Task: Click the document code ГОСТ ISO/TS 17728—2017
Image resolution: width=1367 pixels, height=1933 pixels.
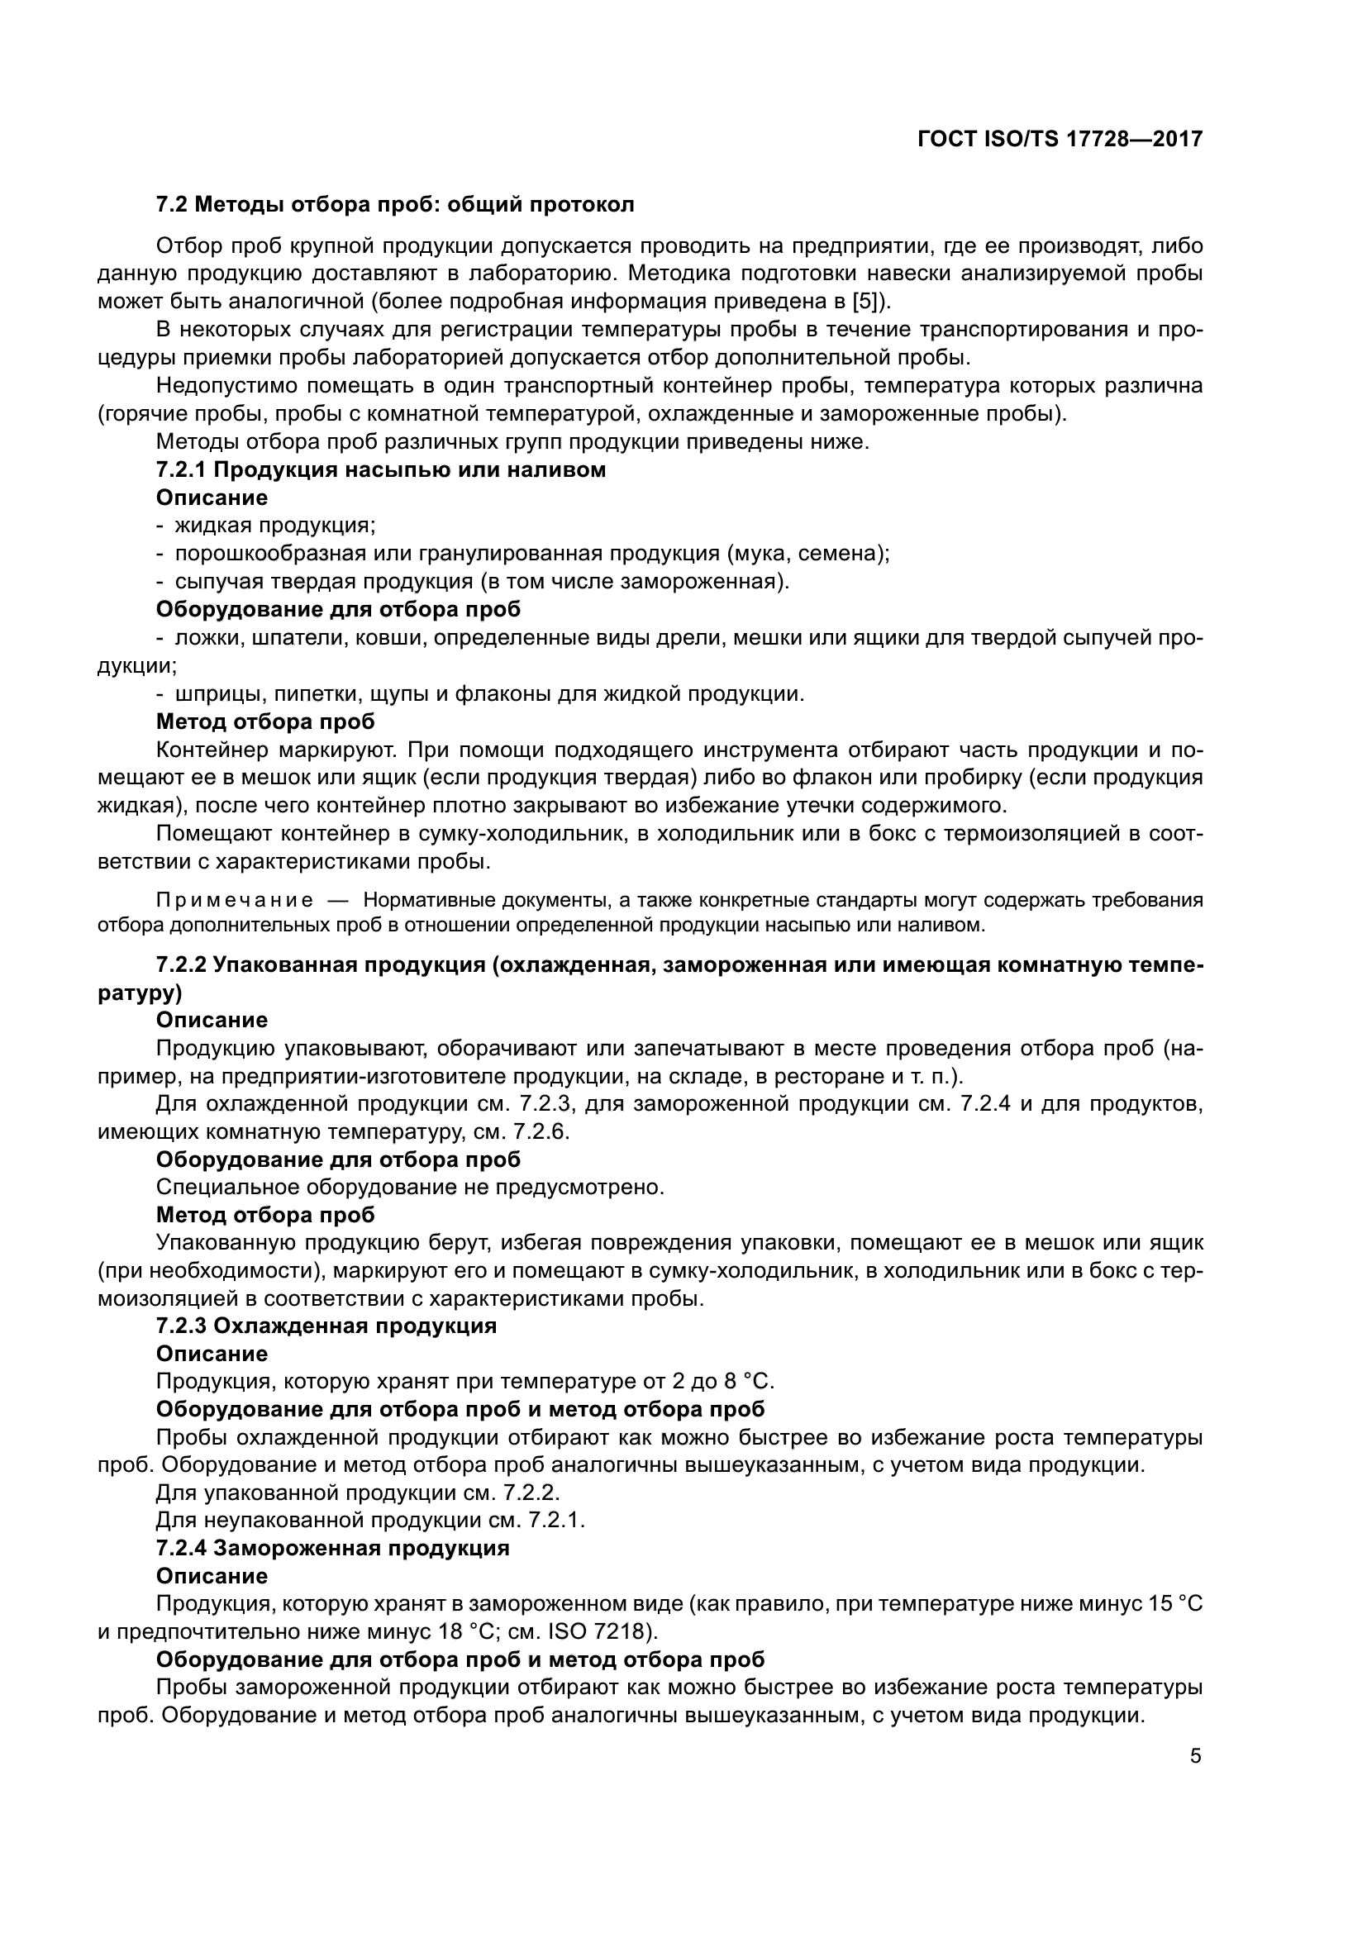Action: pyautogui.click(x=1060, y=139)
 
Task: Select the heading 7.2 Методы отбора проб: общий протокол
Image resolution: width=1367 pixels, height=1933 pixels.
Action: pyautogui.click(x=395, y=205)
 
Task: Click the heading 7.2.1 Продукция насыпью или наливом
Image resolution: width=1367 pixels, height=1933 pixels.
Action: pyautogui.click(x=380, y=469)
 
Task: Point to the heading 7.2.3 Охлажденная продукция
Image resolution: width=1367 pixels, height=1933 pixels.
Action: pyautogui.click(x=326, y=1326)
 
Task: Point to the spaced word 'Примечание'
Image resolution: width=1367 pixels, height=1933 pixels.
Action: pyautogui.click(x=235, y=901)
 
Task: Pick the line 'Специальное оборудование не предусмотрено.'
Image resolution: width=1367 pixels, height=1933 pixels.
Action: pyautogui.click(x=411, y=1187)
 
